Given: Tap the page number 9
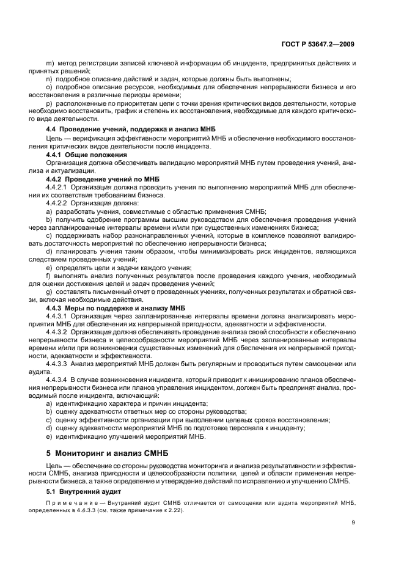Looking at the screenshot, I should (353, 522).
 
